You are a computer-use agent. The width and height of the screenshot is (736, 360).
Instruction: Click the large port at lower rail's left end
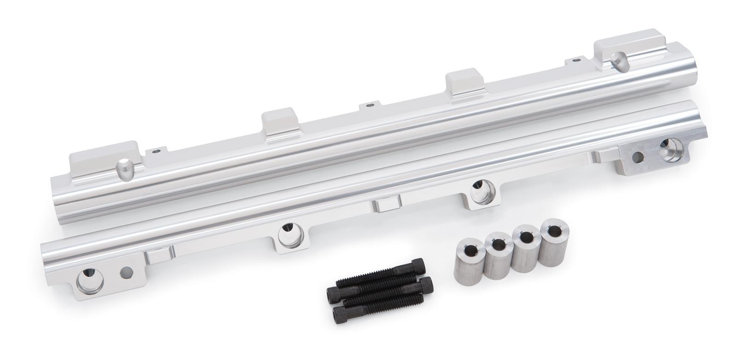[89, 279]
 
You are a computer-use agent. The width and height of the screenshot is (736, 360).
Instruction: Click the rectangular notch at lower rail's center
[386, 205]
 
